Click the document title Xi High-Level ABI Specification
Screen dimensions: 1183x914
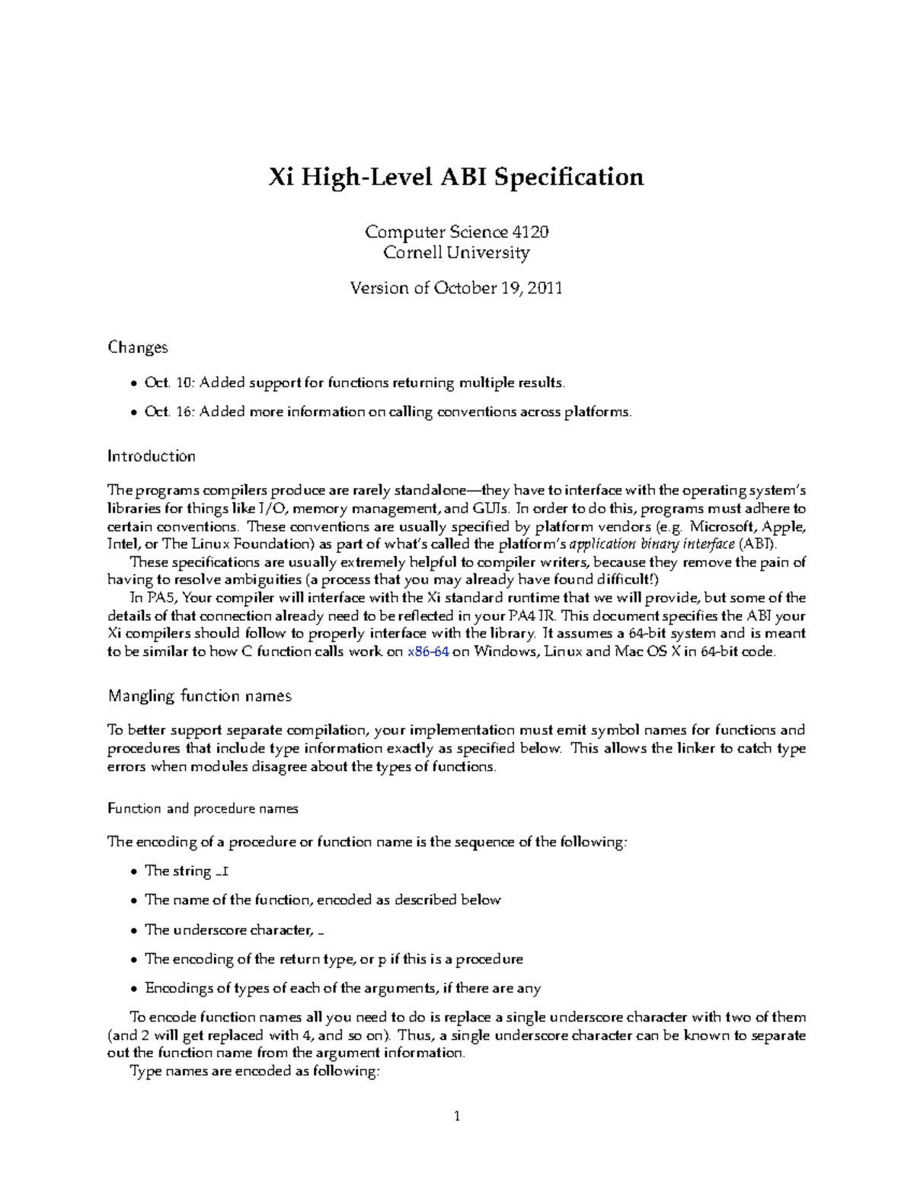[x=456, y=177]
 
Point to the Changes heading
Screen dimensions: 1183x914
[x=137, y=347]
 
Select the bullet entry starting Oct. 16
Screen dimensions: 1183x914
[x=388, y=412]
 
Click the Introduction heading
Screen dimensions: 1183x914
[x=151, y=456]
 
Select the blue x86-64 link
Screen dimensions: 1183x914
[x=428, y=652]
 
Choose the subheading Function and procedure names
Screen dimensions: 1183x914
[x=203, y=809]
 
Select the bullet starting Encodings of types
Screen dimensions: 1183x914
[x=342, y=989]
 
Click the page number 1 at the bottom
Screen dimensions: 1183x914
[x=457, y=1117]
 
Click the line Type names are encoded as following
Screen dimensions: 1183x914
[x=254, y=1072]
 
